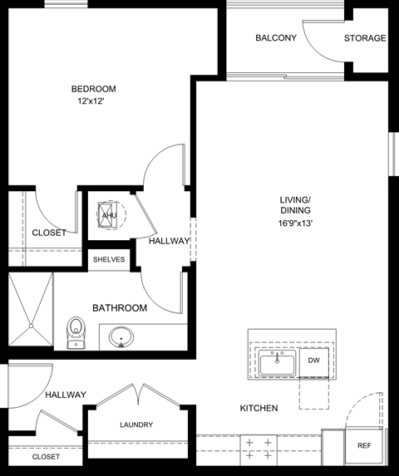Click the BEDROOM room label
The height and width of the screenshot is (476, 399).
point(93,89)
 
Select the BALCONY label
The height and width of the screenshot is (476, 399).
point(276,38)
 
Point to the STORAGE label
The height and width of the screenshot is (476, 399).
point(365,38)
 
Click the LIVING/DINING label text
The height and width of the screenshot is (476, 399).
point(295,205)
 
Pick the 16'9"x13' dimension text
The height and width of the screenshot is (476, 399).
point(295,223)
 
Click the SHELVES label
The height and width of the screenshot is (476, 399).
point(109,259)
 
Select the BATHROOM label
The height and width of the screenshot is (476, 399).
point(120,308)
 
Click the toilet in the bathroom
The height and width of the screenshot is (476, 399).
point(76,330)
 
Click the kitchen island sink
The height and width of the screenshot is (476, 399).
point(276,363)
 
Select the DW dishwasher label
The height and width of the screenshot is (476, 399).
point(313,361)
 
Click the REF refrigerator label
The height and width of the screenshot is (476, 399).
point(364,446)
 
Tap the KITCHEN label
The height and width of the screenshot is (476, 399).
point(259,408)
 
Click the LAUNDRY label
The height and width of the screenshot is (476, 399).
point(135,424)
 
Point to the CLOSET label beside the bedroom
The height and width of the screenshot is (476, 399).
point(49,233)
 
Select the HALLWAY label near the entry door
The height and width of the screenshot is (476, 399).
point(66,395)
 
